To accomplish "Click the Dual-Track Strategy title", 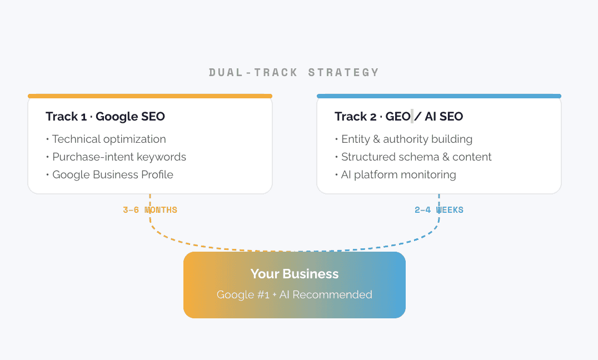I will [294, 72].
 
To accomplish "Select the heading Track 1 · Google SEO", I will [105, 116].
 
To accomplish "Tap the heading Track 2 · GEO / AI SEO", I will [398, 116].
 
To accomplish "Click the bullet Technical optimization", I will [109, 139].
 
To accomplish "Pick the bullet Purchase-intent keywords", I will [119, 157].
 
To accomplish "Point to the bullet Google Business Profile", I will [113, 174].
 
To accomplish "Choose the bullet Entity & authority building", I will [407, 139].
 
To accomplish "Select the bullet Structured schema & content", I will [416, 157].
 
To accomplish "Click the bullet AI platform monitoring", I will [398, 174].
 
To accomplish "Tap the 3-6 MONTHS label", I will [150, 210].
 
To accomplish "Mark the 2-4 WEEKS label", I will [439, 210].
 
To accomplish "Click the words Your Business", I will [295, 273].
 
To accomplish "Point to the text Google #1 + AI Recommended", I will [295, 294].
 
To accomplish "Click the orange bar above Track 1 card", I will [150, 96].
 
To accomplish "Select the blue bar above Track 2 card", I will [439, 96].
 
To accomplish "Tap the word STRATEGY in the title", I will [343, 72].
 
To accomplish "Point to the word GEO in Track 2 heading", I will [398, 116].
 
